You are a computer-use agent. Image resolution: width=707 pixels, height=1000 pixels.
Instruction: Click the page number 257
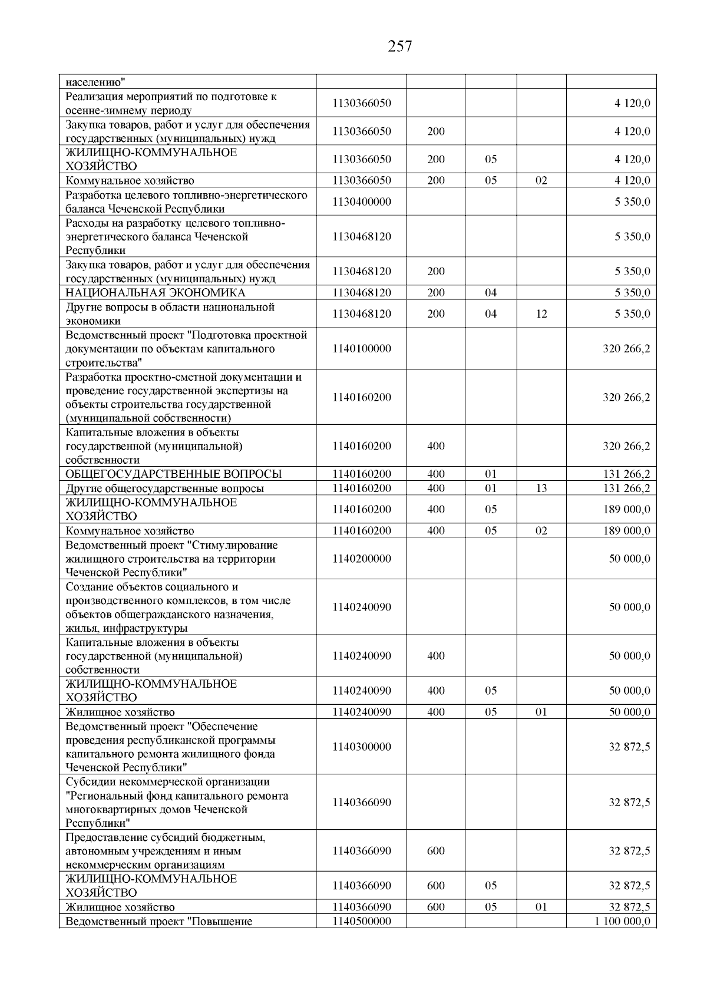pos(400,47)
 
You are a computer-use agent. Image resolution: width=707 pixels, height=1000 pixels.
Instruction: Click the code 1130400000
pos(361,202)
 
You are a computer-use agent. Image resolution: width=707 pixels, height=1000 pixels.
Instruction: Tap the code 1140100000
pos(361,349)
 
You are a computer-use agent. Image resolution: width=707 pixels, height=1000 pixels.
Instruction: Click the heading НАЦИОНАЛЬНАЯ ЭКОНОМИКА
pos(156,293)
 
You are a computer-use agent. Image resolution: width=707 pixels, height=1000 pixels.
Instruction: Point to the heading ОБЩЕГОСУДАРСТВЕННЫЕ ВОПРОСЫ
pos(174,474)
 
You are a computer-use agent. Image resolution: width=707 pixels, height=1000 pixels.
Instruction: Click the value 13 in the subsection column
pos(541,489)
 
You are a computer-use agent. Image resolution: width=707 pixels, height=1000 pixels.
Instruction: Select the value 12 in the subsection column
pos(541,314)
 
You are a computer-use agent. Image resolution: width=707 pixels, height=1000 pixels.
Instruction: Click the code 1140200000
pos(361,559)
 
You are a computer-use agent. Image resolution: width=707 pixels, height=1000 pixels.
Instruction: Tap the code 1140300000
pos(361,747)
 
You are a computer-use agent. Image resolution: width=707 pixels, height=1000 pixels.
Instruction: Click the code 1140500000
pos(361,922)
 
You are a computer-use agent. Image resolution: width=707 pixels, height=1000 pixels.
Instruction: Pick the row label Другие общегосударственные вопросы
pos(165,489)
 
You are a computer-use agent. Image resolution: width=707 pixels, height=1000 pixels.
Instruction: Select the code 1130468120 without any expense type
pos(361,237)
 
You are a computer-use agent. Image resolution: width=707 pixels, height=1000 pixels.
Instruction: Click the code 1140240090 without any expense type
pos(361,608)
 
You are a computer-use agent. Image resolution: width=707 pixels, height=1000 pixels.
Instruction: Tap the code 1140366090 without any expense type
pos(361,803)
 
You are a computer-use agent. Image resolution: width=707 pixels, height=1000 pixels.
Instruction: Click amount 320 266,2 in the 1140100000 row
pos(626,349)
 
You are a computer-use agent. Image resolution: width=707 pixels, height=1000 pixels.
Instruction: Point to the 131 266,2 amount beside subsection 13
pos(626,489)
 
